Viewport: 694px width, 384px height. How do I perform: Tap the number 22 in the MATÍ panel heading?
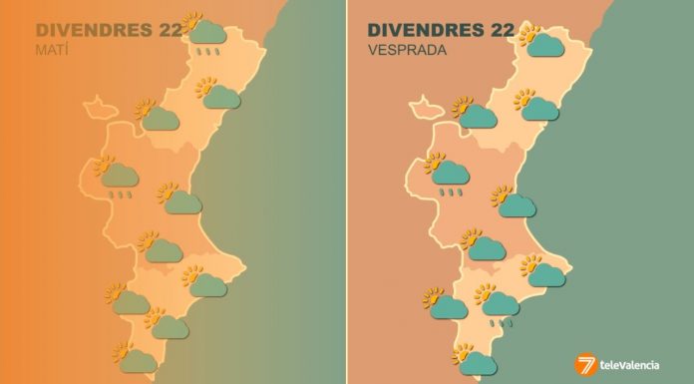170,30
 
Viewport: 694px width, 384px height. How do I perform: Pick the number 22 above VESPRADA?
496,30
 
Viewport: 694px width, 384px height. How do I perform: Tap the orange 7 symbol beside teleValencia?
587,364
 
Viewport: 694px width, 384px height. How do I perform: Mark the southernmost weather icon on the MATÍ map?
136,359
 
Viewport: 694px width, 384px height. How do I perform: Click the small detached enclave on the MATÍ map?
98,105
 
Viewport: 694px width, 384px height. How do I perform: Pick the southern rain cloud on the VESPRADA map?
502,302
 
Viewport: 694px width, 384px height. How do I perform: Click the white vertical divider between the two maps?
347,192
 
